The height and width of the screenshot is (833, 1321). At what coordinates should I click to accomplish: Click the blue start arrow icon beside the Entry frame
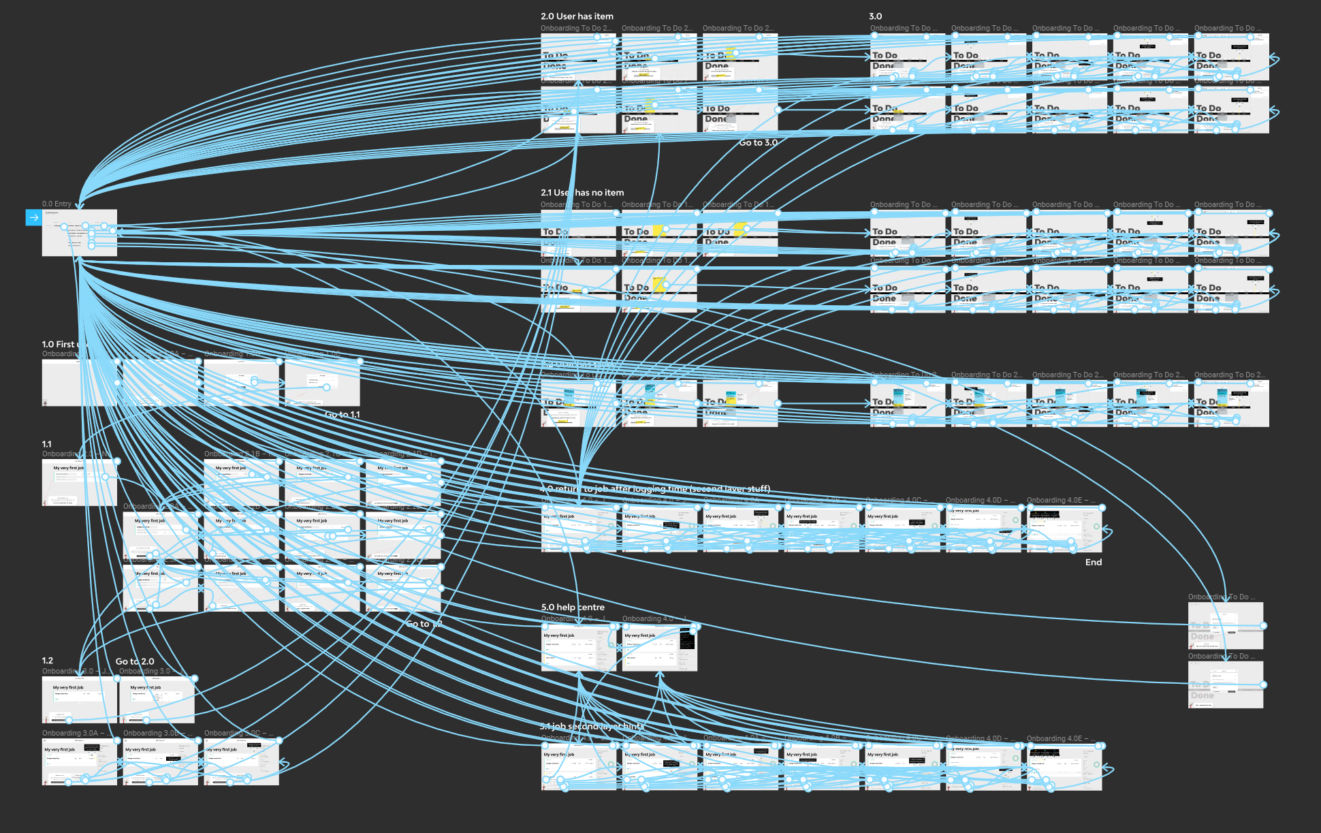pyautogui.click(x=33, y=217)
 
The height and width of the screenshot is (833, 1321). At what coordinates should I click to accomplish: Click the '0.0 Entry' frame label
pyautogui.click(x=57, y=204)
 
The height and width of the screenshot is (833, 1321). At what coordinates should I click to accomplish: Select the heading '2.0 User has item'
pyautogui.click(x=577, y=16)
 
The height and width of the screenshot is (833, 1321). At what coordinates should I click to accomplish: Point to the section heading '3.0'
pyautogui.click(x=875, y=16)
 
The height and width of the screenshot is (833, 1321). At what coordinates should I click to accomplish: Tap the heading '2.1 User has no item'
pyautogui.click(x=582, y=193)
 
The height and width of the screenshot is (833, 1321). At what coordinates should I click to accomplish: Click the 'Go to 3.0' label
pyautogui.click(x=758, y=142)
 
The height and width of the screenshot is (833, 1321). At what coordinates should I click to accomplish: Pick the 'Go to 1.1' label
pyautogui.click(x=343, y=414)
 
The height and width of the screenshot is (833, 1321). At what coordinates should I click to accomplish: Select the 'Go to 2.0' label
pyautogui.click(x=135, y=661)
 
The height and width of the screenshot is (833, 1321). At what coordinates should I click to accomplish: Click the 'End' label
pyautogui.click(x=1093, y=562)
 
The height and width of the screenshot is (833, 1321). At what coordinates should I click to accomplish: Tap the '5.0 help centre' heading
pyautogui.click(x=573, y=607)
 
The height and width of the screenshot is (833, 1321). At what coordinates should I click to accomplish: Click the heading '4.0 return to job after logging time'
pyautogui.click(x=655, y=488)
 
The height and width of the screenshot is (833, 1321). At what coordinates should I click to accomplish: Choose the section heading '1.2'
pyautogui.click(x=47, y=661)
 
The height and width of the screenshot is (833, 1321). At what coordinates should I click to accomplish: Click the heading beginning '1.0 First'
pyautogui.click(x=59, y=344)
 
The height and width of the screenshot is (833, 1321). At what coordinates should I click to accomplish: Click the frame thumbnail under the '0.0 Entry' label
pyautogui.click(x=79, y=233)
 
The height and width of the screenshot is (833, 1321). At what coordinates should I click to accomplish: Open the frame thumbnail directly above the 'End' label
pyautogui.click(x=1064, y=529)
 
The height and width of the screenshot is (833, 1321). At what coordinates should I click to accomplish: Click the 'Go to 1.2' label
pyautogui.click(x=424, y=623)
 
